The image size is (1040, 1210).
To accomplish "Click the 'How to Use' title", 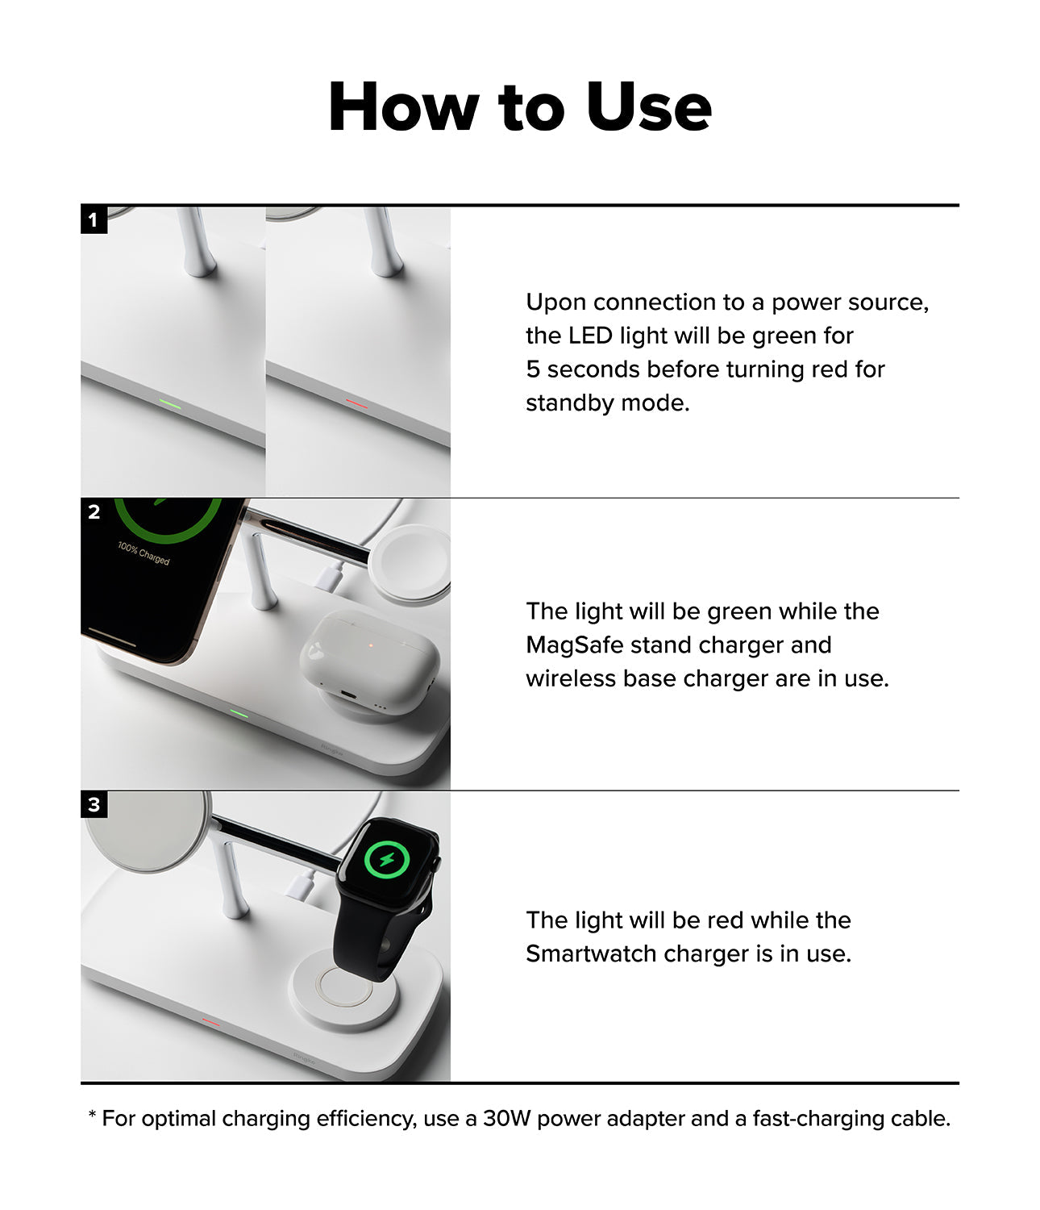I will [x=520, y=106].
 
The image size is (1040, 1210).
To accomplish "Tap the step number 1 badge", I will [x=94, y=219].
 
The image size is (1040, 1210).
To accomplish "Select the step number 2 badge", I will [x=94, y=511].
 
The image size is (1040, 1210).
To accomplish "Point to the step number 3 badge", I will [x=94, y=804].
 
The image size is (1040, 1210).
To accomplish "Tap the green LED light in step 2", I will [x=238, y=713].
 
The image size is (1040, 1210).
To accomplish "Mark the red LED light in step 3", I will [x=211, y=1021].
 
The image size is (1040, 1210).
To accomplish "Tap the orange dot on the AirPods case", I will [x=370, y=645].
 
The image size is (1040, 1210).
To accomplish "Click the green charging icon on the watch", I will [x=387, y=860].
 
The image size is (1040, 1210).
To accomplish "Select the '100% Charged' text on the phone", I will [x=144, y=553].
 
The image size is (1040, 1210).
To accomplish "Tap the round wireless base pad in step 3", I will [x=344, y=991].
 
